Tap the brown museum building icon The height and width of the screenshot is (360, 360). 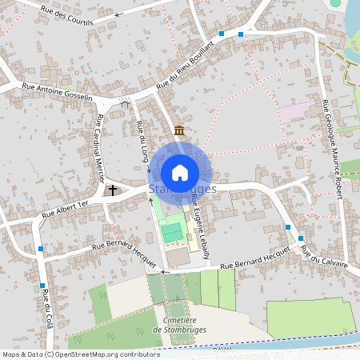click(x=178, y=130)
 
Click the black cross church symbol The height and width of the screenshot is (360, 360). click(x=113, y=190)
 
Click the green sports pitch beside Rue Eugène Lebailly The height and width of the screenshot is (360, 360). click(x=171, y=232)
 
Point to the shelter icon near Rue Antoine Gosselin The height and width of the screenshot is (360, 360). click(x=124, y=102)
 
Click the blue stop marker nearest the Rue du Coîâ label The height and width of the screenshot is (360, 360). click(x=42, y=285)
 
